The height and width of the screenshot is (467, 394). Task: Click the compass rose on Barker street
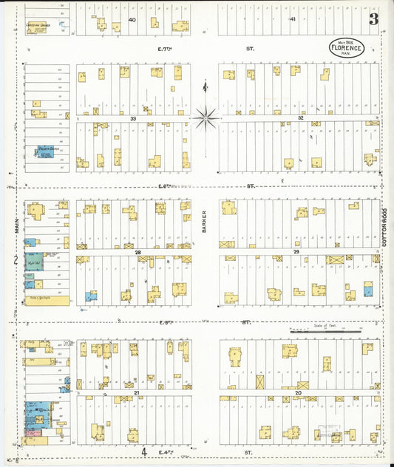(205, 115)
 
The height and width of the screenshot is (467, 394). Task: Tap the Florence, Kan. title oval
(346, 48)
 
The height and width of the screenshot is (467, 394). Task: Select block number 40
(132, 19)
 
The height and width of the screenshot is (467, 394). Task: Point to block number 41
(293, 19)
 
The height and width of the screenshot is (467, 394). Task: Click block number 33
(134, 118)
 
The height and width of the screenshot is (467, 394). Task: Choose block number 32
(301, 118)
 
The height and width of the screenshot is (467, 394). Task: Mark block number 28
(137, 252)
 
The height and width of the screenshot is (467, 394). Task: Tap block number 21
(137, 392)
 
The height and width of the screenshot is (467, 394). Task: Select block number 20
(298, 392)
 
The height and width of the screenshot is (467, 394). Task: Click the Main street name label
(16, 223)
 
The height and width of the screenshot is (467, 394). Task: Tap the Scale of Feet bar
(325, 332)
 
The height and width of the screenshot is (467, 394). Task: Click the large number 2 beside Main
(15, 260)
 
